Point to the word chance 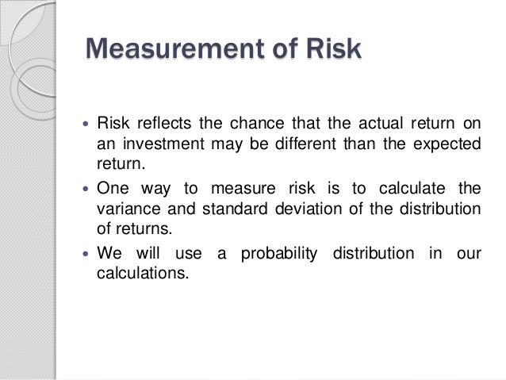[x=255, y=125]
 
